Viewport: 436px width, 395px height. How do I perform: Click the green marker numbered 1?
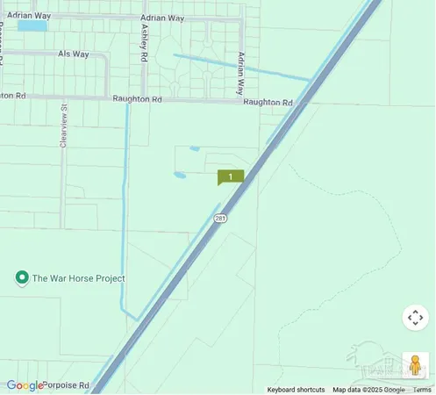[230, 176]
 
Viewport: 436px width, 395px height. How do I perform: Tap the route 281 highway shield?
[220, 217]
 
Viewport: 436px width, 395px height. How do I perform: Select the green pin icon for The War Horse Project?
[22, 278]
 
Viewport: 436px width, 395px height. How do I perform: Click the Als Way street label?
[74, 54]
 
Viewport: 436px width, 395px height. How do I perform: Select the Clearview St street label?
[64, 129]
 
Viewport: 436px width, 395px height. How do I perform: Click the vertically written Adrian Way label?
[240, 73]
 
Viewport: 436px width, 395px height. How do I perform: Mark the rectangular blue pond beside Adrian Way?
[32, 26]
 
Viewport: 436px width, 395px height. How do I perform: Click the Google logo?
[25, 385]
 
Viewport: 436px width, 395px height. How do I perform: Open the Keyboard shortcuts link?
[296, 390]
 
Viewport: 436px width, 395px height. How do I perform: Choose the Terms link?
[422, 390]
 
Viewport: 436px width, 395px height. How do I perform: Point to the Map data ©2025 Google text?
[368, 390]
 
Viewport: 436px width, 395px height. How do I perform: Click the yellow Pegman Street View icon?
[416, 364]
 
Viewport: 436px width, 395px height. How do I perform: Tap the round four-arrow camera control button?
[416, 318]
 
